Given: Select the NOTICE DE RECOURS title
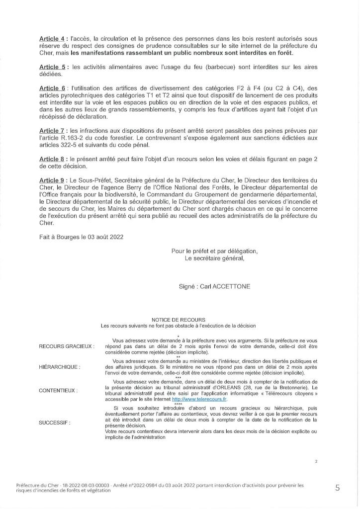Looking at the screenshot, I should point(178,320).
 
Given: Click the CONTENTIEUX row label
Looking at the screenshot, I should point(58,391).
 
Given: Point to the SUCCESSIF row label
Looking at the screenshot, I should point(55,423).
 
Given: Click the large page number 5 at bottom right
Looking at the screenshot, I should point(338,488).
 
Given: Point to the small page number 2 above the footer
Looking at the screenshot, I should point(316,461).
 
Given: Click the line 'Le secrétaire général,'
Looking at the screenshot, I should point(215,258).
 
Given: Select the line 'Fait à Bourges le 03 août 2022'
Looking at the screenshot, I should point(81,237).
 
